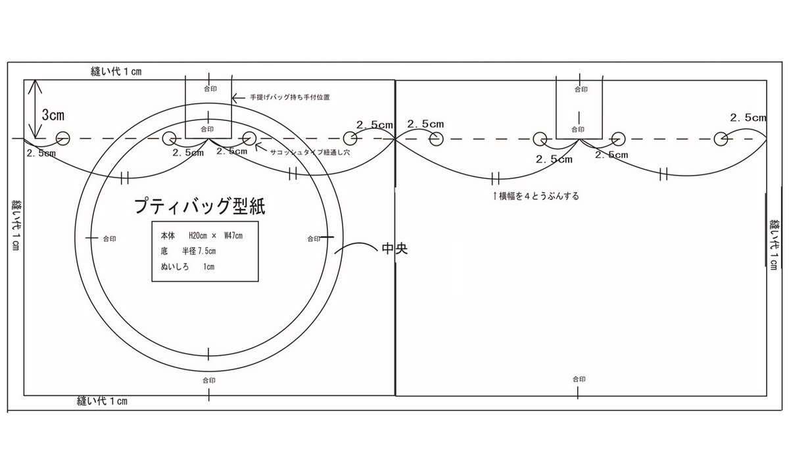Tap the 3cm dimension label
[53, 114]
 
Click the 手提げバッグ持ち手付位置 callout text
[289, 97]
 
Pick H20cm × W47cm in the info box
[206, 235]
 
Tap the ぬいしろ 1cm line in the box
[187, 267]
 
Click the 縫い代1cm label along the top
[116, 70]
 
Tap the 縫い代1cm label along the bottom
[102, 400]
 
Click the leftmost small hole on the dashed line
[62, 138]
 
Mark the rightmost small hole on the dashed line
[721, 138]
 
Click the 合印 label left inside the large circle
[109, 238]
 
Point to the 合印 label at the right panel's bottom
[579, 379]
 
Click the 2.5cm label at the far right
[748, 118]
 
